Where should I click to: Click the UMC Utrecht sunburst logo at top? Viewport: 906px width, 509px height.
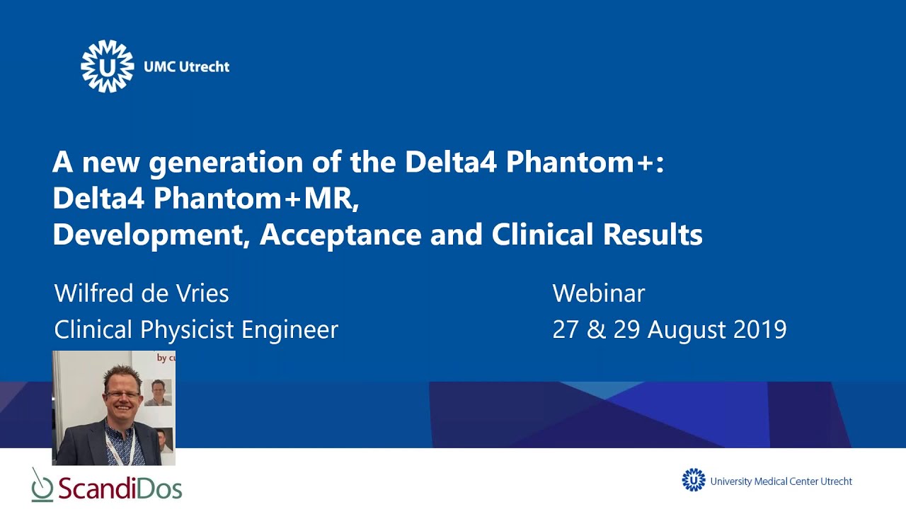click(107, 66)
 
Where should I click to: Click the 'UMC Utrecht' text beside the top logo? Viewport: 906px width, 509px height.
click(186, 67)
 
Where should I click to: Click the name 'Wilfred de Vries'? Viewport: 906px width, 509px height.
click(142, 293)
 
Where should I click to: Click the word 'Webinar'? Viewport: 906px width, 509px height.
click(598, 293)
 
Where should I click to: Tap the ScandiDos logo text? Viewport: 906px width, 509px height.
click(120, 488)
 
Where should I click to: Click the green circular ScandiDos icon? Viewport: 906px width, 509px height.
click(42, 487)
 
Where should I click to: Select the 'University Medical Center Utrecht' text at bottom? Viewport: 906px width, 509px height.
click(781, 481)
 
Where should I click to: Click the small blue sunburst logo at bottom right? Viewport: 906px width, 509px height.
click(694, 480)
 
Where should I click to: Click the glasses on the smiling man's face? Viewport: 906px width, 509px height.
click(122, 394)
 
